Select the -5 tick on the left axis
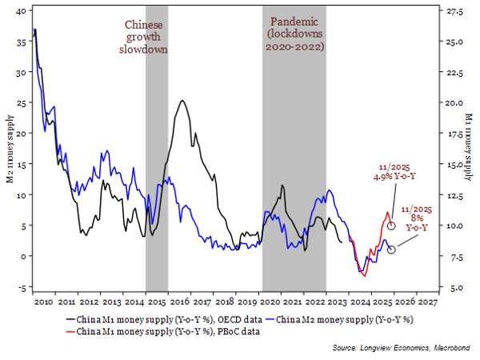[22, 287]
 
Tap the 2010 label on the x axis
[43, 304]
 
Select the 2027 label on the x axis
[428, 304]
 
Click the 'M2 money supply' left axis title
[10, 149]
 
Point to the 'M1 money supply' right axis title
[470, 149]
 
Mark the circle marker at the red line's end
[391, 226]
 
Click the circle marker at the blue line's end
[391, 250]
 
